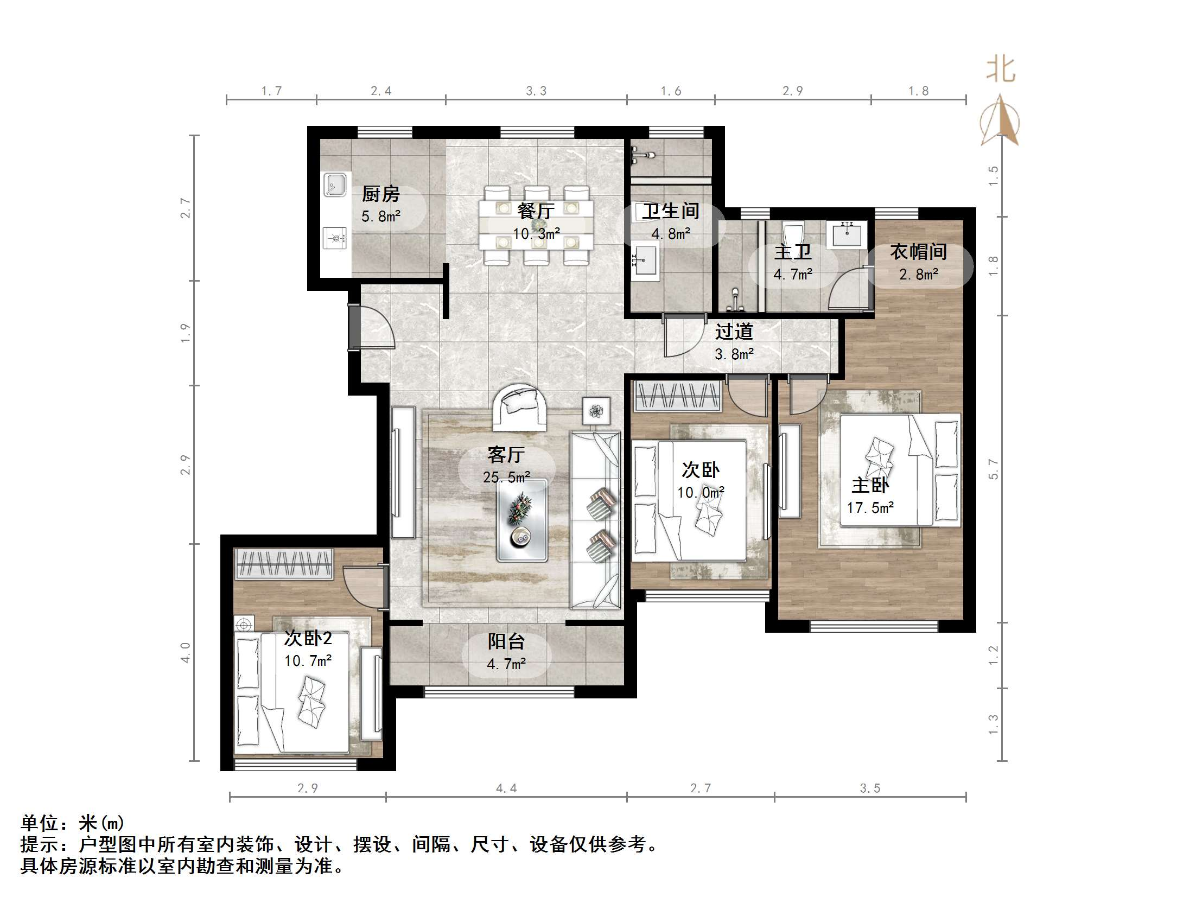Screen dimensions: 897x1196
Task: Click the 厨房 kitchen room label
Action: click(x=380, y=194)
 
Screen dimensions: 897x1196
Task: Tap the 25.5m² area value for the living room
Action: click(x=506, y=478)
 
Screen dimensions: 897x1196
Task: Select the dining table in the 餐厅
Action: click(x=536, y=225)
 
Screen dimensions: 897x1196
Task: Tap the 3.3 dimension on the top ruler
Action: click(x=536, y=91)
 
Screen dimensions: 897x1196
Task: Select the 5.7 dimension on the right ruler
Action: click(x=993, y=469)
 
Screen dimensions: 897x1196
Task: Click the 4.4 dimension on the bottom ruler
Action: click(x=506, y=788)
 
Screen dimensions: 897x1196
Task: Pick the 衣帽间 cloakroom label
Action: click(x=918, y=252)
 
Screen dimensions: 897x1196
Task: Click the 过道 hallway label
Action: click(x=734, y=332)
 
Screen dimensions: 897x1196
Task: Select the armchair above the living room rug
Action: click(x=520, y=407)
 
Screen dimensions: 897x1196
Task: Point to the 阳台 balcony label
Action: click(x=506, y=642)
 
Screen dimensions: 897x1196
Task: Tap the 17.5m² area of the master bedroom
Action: click(x=870, y=508)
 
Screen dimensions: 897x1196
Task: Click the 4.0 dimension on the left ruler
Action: click(x=186, y=652)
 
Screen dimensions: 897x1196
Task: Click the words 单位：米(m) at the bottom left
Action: click(x=73, y=823)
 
